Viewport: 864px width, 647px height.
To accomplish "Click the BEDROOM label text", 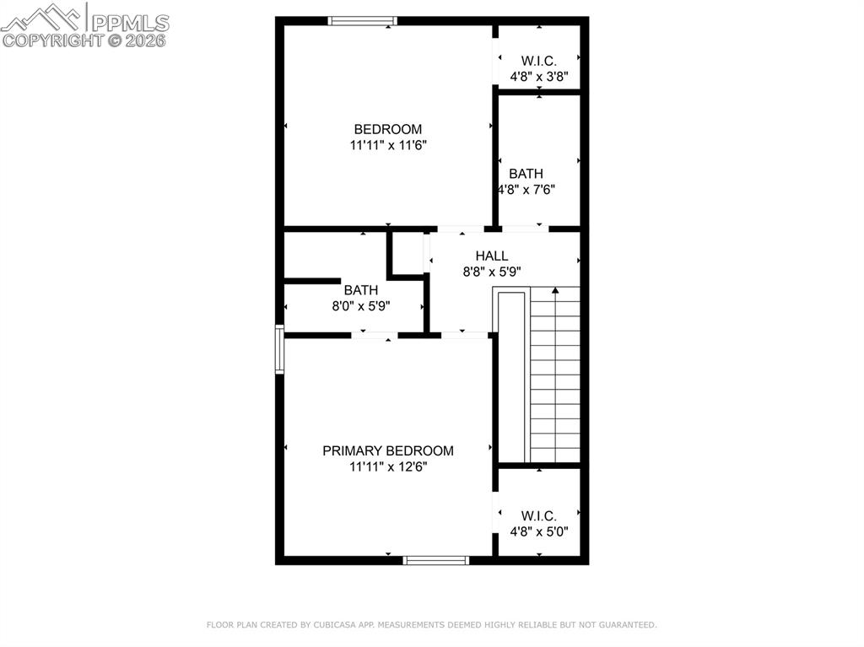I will [387, 129].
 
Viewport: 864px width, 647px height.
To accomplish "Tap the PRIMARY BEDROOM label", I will [387, 450].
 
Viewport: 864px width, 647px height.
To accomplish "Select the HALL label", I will [491, 256].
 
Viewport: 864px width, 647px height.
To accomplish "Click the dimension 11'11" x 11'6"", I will [387, 145].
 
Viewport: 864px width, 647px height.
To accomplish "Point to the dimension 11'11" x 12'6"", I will [387, 466].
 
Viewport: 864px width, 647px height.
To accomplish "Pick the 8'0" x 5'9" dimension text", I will [360, 306].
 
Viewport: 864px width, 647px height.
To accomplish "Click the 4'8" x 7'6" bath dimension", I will [526, 190].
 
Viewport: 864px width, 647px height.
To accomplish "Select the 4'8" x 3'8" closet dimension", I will [538, 76].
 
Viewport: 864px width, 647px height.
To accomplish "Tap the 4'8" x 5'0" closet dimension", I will [538, 531].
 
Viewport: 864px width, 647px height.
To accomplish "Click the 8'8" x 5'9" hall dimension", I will [491, 272].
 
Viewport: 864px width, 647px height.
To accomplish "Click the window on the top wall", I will [362, 21].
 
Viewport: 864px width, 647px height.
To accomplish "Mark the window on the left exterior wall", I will [279, 349].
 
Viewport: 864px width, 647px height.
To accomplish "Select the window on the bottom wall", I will [436, 560].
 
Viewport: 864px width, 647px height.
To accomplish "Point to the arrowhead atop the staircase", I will [555, 292].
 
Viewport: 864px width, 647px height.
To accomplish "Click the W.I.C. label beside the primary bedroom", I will [538, 515].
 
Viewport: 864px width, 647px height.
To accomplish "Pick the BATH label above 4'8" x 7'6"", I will [526, 174].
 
